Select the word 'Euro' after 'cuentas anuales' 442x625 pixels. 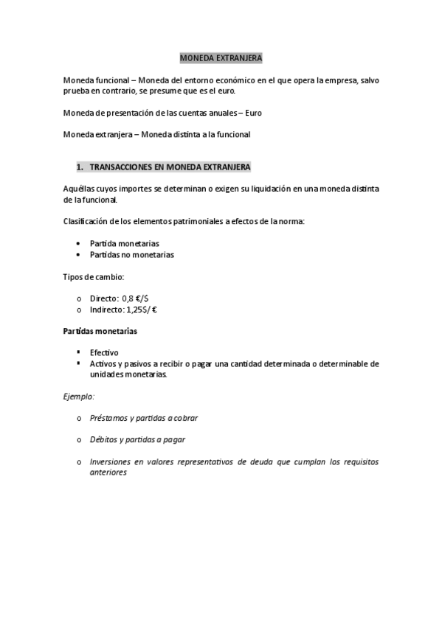coord(252,113)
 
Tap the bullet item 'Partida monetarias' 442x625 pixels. coord(124,243)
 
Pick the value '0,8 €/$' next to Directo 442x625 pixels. coord(136,298)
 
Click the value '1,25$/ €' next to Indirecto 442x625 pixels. coord(141,310)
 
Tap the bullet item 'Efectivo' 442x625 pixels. coord(104,353)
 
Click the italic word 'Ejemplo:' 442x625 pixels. coord(79,396)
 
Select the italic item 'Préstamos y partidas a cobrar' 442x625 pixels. coord(143,418)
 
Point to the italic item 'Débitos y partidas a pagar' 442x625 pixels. coord(137,440)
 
